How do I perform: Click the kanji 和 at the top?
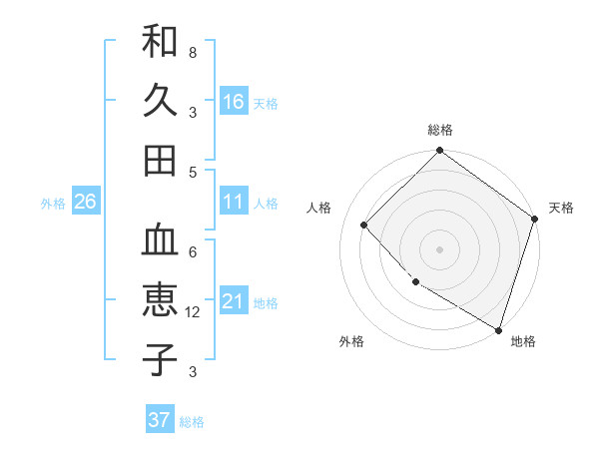pos(160,43)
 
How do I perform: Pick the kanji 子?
pos(160,358)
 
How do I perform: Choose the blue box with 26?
pos(86,202)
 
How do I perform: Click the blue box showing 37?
pos(160,420)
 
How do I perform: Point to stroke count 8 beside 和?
pos(192,52)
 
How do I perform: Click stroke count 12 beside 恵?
pos(194,311)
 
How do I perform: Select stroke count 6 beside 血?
pos(192,251)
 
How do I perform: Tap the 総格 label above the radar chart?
pos(440,130)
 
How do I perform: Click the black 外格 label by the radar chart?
pos(351,341)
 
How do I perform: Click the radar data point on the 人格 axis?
pos(364,225)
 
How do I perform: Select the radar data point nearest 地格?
pos(498,328)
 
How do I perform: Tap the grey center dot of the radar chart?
pos(440,248)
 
